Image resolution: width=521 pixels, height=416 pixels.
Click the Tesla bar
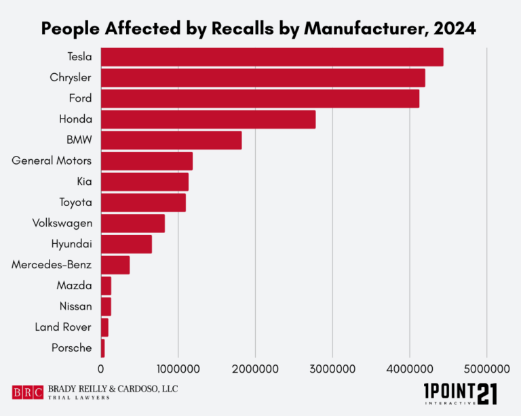(x=271, y=58)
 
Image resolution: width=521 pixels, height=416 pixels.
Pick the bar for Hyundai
(x=126, y=244)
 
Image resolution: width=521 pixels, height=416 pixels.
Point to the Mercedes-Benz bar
(x=115, y=265)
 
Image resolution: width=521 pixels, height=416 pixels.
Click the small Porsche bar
(x=102, y=348)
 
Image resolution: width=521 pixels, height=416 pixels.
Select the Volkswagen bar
(x=133, y=224)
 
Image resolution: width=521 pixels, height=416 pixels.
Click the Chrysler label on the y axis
(x=71, y=78)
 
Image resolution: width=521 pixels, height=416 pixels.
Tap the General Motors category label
(x=52, y=161)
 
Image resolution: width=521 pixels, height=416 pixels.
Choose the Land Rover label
(x=62, y=327)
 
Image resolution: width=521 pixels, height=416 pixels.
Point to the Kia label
(x=84, y=182)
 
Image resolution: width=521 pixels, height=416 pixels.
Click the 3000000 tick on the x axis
(x=332, y=369)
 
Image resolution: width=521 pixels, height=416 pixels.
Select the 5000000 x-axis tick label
(x=486, y=369)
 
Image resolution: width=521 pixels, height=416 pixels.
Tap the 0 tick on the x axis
(x=101, y=369)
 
